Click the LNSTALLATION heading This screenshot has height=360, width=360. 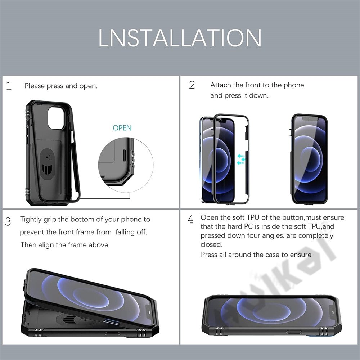coord(180,38)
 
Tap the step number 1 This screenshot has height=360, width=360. coord(9,86)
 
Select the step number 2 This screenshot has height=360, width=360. coord(192,85)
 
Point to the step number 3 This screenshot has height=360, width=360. coord(8,221)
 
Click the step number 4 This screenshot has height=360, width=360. coord(191,219)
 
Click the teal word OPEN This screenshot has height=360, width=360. coord(122,128)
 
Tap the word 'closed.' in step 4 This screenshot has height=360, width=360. coord(211,244)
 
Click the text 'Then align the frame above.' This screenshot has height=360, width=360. coord(65,245)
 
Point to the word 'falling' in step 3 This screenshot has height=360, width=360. coord(125,232)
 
